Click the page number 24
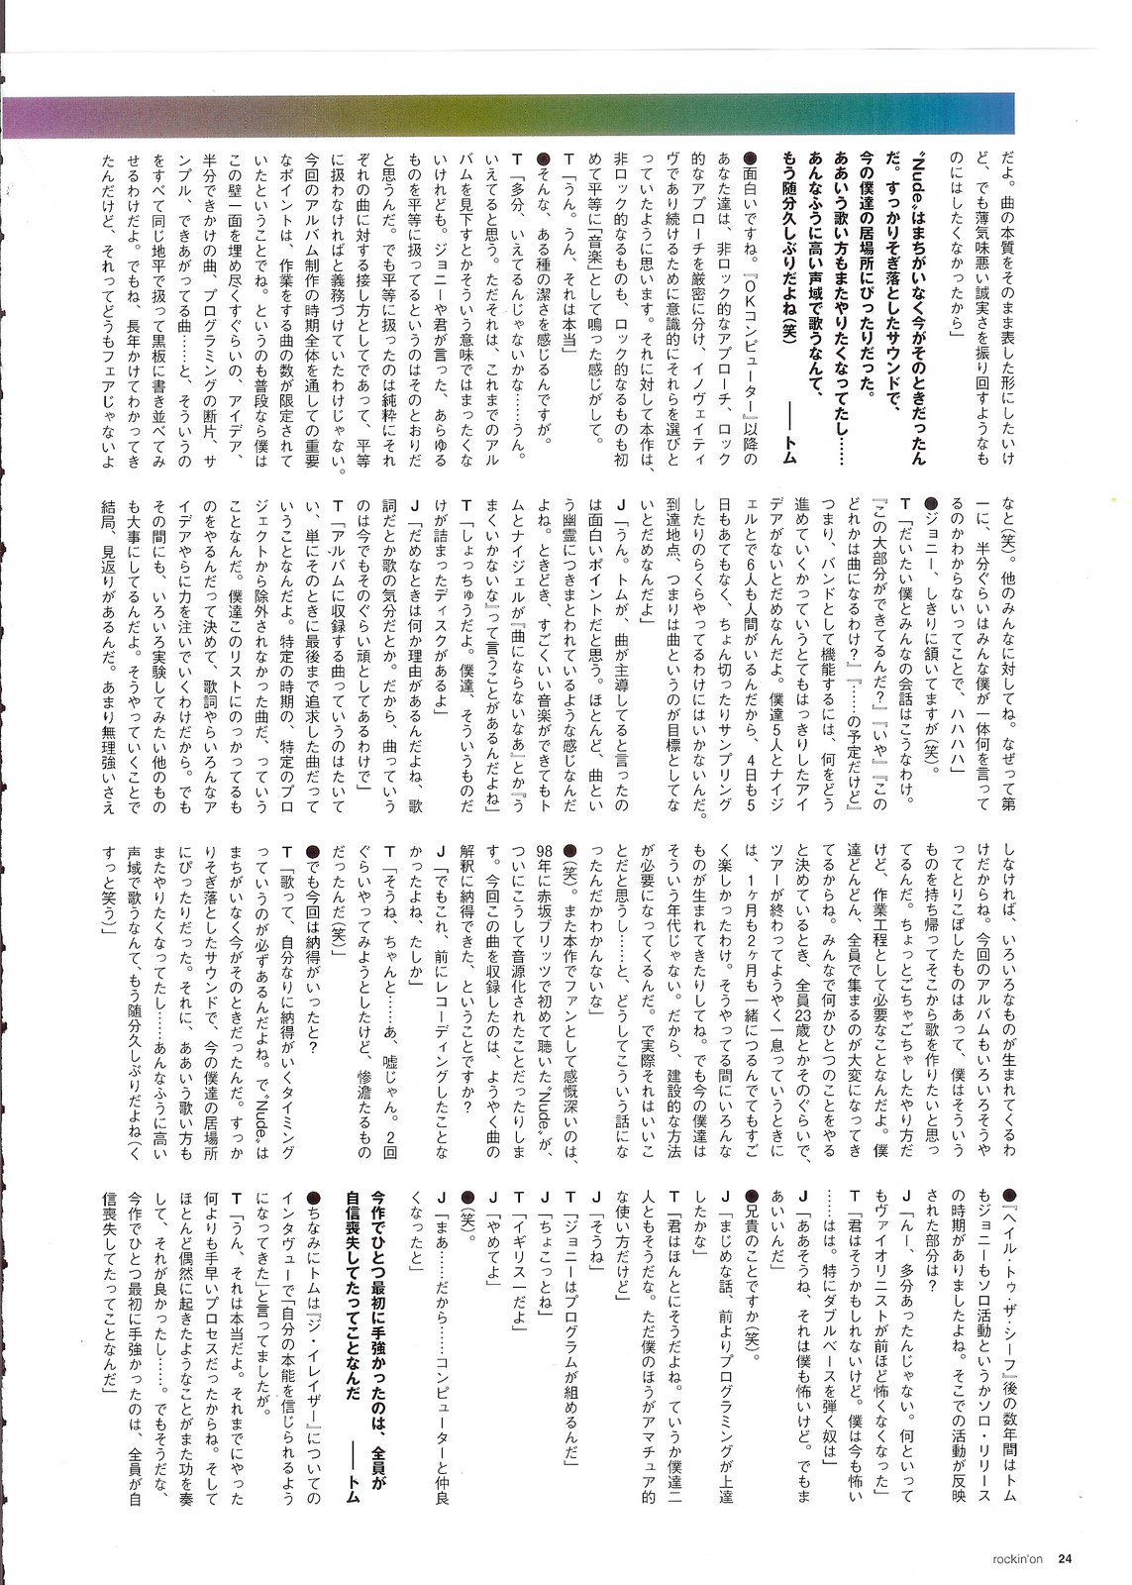(1065, 1558)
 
